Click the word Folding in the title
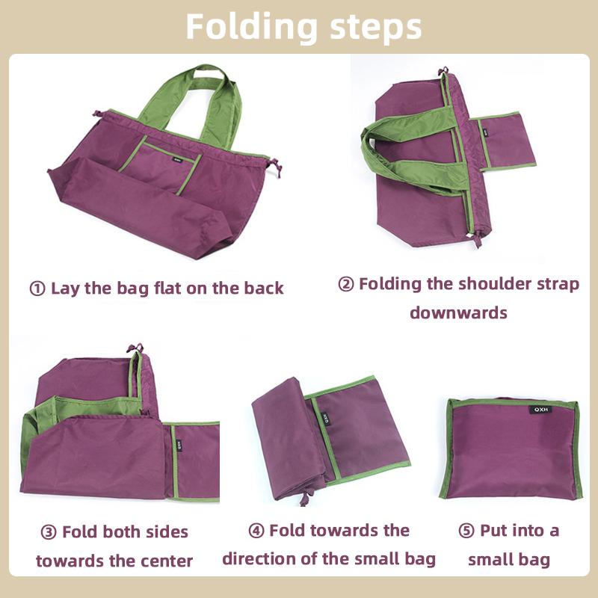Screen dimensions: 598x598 [x=248, y=27]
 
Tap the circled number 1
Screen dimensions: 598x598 [x=37, y=289]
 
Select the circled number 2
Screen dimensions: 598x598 [x=346, y=285]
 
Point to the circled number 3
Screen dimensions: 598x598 [x=49, y=532]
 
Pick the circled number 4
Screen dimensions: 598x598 [x=256, y=531]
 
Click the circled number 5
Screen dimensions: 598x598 [x=466, y=531]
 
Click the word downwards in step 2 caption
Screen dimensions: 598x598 [x=458, y=312]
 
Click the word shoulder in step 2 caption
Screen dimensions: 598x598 [x=493, y=285]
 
